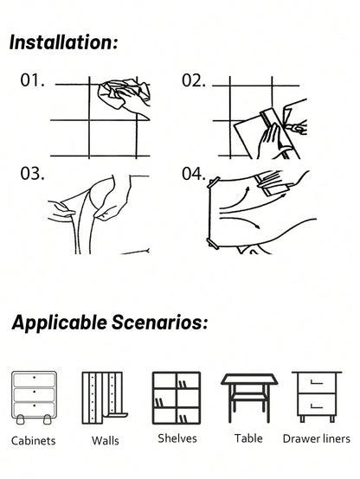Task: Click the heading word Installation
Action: [x=64, y=43]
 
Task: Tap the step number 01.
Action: [x=32, y=81]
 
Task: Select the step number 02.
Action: [x=193, y=81]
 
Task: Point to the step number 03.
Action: [x=32, y=174]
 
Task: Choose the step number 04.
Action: [x=193, y=174]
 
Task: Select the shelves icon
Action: [x=177, y=397]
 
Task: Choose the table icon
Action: [x=248, y=396]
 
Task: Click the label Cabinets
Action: [x=34, y=440]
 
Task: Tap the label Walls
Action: [x=106, y=440]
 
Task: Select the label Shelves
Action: [x=177, y=438]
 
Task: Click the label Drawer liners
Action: [x=317, y=438]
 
